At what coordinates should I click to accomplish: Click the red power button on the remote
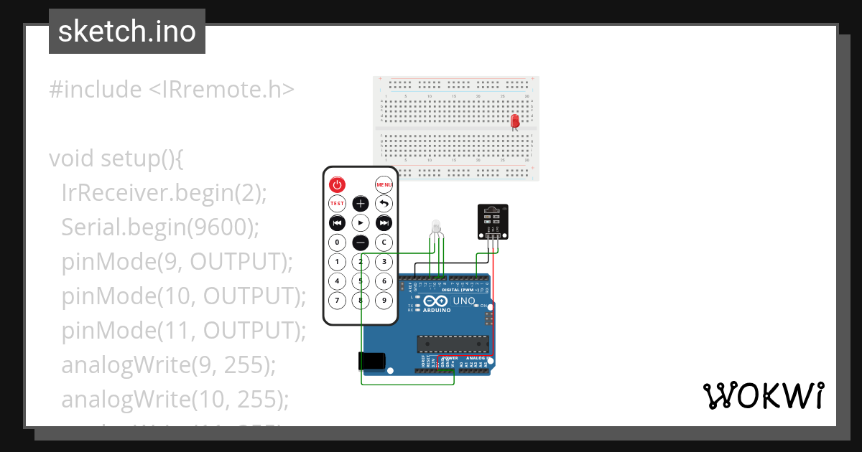pyautogui.click(x=337, y=184)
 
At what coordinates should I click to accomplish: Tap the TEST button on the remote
pyautogui.click(x=337, y=204)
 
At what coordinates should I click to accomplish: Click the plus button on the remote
pyautogui.click(x=361, y=204)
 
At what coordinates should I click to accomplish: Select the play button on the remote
pyautogui.click(x=361, y=223)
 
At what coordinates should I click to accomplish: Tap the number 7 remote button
pyautogui.click(x=337, y=300)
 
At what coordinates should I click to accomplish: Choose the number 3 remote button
pyautogui.click(x=385, y=262)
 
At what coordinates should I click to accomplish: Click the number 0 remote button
pyautogui.click(x=337, y=243)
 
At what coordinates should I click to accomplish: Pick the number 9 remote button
pyautogui.click(x=385, y=300)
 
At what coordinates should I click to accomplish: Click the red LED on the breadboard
pyautogui.click(x=514, y=121)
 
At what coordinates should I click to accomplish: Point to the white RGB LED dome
pyautogui.click(x=435, y=226)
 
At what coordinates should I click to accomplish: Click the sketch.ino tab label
pyautogui.click(x=127, y=32)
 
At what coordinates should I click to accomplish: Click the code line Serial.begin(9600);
pyautogui.click(x=159, y=227)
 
